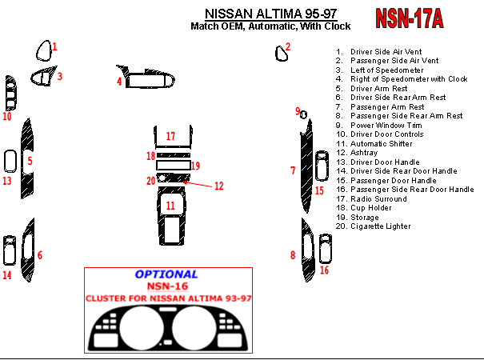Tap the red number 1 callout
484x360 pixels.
54,47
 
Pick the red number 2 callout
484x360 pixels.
288,46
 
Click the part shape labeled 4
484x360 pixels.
148,78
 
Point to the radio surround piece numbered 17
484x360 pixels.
170,136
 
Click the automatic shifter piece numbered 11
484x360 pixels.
170,212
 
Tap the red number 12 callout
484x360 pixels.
218,186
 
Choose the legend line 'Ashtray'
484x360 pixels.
364,153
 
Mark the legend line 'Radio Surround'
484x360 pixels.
378,199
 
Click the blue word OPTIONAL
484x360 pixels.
166,274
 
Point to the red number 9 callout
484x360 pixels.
297,111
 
